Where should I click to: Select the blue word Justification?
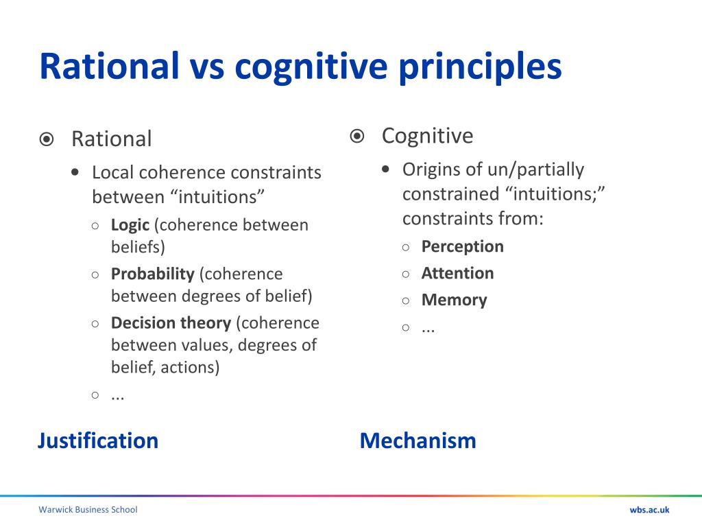98,441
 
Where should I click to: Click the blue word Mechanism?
417,441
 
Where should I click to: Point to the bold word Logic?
130,225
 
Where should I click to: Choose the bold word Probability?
153,274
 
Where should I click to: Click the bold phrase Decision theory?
171,323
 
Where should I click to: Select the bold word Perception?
462,246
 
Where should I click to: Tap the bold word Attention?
457,273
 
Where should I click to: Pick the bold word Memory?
454,300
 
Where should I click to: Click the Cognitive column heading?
427,136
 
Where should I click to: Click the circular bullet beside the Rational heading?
46,139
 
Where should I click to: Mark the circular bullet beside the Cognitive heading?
356,136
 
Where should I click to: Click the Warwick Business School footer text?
88,509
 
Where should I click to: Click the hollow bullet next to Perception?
407,247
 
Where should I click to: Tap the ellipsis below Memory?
428,328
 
